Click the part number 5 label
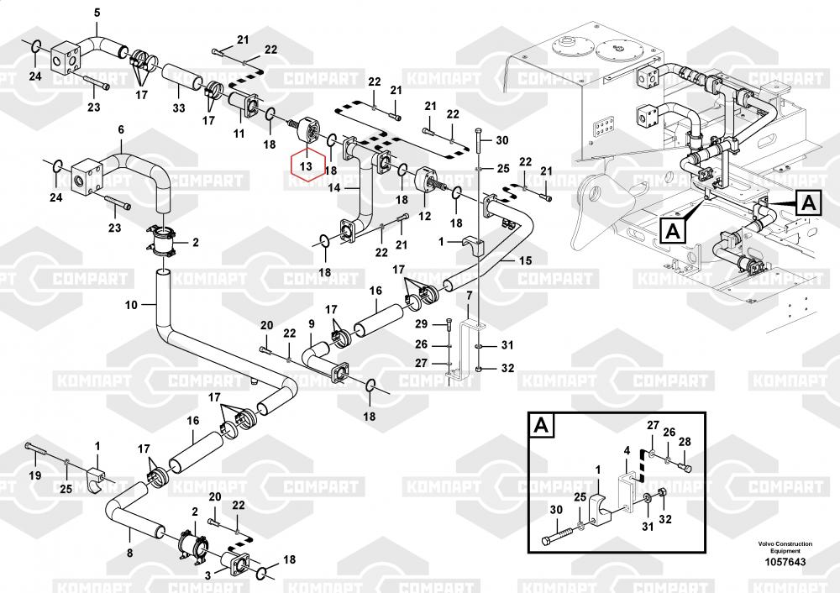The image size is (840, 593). coord(96,12)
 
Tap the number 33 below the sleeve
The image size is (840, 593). coord(178,108)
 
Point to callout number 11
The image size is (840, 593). coord(239,134)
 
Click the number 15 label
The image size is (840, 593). coord(525,261)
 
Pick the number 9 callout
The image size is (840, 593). coord(311,323)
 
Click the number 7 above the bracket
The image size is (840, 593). coord(470,295)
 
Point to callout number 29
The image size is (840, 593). coord(422,324)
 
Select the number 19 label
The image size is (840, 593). coord(35,475)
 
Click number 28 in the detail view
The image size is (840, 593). coord(685,442)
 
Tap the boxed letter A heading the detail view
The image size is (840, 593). coord(541,426)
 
